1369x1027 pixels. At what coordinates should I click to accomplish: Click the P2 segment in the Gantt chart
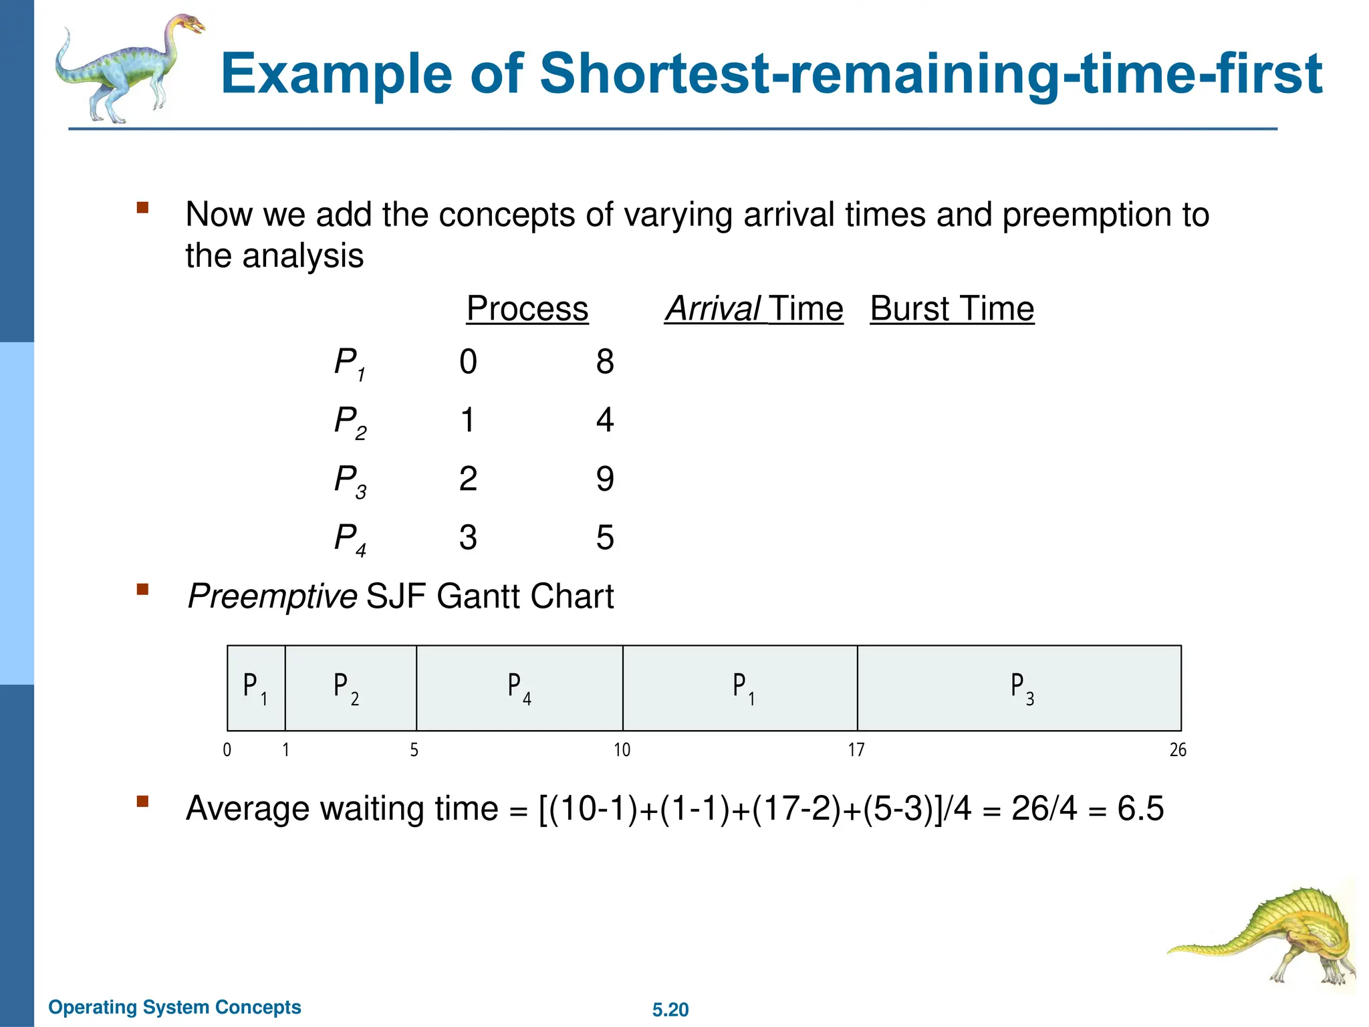[350, 688]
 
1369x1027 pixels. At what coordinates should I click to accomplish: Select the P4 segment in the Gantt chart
[519, 688]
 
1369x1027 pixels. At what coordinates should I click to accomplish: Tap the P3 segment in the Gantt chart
[1019, 688]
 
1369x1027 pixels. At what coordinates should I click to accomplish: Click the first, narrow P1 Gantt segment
[256, 688]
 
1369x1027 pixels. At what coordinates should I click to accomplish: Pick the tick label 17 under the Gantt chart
[856, 750]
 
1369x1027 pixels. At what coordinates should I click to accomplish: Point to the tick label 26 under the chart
[1178, 750]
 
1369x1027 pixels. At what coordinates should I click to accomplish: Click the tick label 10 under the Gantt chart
[622, 750]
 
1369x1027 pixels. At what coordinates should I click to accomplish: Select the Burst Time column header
[952, 309]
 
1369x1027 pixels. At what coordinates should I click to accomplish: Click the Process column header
[527, 309]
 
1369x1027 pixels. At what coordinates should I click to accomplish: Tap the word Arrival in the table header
[713, 309]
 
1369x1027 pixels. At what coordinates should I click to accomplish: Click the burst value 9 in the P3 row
[605, 479]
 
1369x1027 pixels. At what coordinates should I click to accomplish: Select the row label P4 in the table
[350, 538]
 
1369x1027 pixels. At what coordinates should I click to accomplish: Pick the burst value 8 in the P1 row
[605, 362]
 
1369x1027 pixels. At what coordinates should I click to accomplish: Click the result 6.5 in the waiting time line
[1140, 808]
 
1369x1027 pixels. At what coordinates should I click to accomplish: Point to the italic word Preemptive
[272, 596]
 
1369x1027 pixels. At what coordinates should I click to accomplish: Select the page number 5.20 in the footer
[670, 1010]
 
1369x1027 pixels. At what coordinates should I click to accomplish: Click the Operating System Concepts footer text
[175, 1007]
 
